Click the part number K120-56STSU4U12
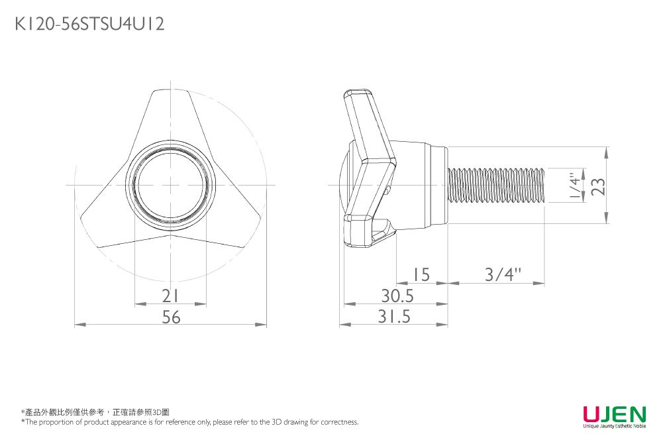(89, 24)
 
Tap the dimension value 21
(170, 296)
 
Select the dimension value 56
(171, 317)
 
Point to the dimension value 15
(421, 274)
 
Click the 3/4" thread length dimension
(503, 274)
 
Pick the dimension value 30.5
(397, 296)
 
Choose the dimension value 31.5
(394, 316)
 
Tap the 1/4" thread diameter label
(575, 185)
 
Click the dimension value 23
(597, 186)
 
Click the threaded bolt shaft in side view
(496, 185)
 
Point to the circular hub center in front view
(170, 185)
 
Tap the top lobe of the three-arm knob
(170, 113)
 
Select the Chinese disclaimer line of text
(95, 412)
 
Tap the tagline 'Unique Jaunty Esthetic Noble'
(615, 426)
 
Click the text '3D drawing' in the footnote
(295, 422)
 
